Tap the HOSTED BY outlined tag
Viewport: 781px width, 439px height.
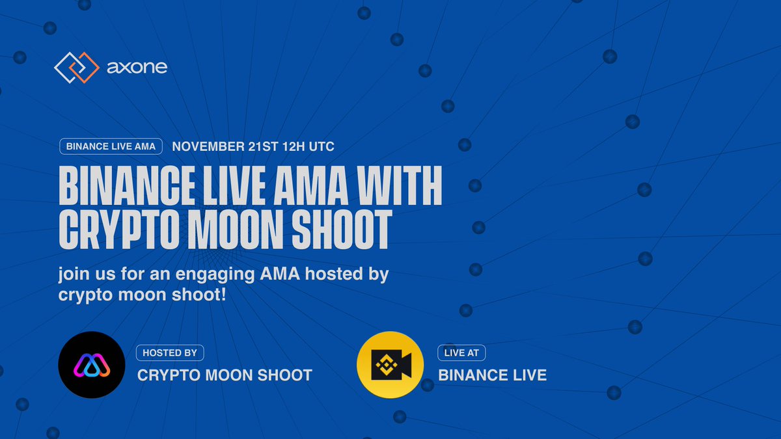click(169, 353)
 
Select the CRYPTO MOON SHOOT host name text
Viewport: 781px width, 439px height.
click(225, 375)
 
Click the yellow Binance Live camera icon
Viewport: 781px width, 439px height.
click(390, 365)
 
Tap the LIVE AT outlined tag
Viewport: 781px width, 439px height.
click(461, 353)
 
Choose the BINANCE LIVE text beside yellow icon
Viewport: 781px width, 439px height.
click(492, 375)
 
